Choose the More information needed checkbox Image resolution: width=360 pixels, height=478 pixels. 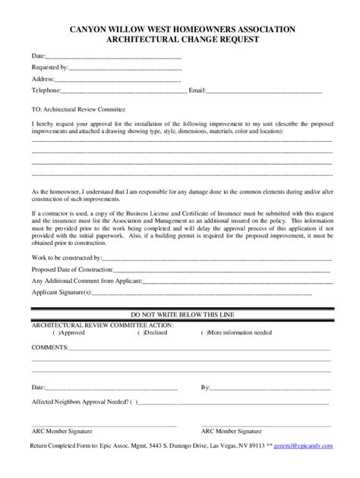click(204, 332)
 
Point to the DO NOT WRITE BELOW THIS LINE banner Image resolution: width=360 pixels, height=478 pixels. click(181, 313)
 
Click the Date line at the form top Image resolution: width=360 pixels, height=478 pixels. click(114, 56)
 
